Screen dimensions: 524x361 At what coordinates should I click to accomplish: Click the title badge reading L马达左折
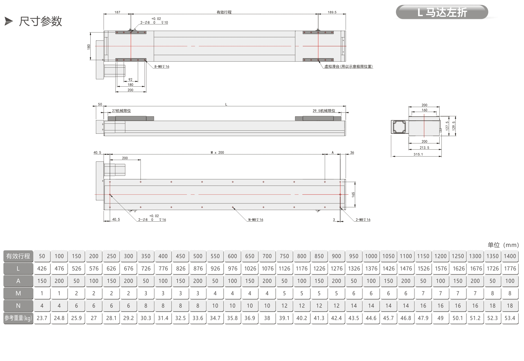(442, 12)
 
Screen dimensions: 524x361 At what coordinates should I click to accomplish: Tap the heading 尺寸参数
(41, 21)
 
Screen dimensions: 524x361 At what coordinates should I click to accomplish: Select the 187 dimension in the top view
(117, 12)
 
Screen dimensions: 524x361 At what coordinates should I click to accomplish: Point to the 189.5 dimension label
(332, 12)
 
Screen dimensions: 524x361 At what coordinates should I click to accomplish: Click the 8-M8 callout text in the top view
(162, 67)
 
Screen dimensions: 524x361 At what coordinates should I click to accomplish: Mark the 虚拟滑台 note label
(348, 67)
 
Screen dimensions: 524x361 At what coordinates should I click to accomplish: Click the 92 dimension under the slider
(130, 80)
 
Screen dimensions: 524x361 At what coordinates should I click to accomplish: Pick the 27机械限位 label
(121, 111)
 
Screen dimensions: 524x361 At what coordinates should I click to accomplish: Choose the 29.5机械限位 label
(324, 111)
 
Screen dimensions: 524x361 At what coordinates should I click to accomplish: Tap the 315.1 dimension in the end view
(418, 154)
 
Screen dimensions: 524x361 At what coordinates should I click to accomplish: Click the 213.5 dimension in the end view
(424, 148)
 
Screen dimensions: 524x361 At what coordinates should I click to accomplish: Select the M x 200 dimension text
(217, 152)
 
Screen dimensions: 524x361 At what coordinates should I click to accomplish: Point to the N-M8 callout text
(256, 220)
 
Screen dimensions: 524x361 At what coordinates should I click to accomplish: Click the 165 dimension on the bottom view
(353, 194)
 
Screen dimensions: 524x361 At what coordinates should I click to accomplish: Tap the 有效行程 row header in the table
(18, 256)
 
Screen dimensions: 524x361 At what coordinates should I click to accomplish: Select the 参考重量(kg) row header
(18, 318)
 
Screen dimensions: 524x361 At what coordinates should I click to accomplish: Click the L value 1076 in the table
(267, 269)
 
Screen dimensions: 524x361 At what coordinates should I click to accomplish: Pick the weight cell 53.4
(510, 318)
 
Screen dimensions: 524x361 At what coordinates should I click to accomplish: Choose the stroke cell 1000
(371, 256)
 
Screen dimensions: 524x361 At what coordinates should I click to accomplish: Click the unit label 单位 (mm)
(503, 245)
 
